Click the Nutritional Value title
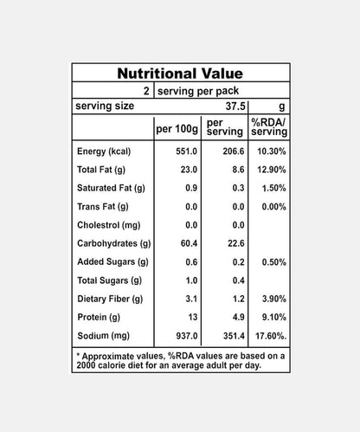[x=180, y=74]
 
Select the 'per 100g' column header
[x=177, y=130]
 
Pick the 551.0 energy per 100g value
[x=188, y=152]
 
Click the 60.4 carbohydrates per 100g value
[x=190, y=243]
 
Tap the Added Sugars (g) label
[x=112, y=261]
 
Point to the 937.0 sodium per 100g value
[x=188, y=334]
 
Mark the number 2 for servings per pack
[x=148, y=90]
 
